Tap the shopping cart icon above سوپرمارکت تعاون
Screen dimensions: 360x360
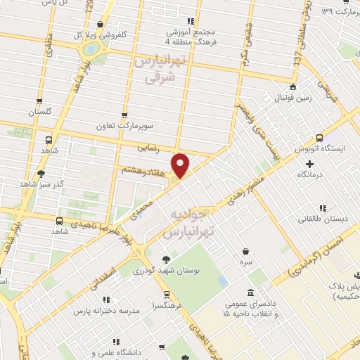(124, 115)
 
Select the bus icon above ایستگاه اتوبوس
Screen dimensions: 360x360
(320, 138)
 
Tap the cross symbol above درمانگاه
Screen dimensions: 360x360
(310, 162)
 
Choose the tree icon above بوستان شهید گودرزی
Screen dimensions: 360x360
(166, 258)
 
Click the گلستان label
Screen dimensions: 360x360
(40, 112)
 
